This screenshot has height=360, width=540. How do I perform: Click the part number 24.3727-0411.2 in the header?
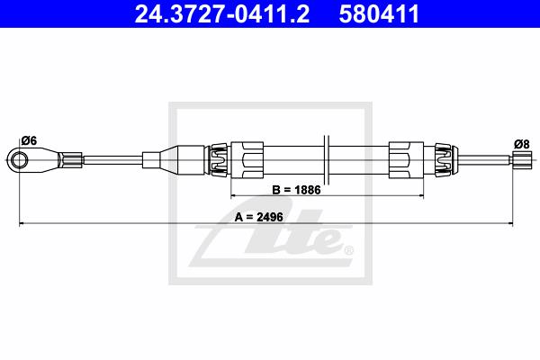221,13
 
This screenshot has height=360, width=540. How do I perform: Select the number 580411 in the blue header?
379,13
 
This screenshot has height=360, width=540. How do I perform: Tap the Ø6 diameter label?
29,140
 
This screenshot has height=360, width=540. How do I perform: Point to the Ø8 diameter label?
522,144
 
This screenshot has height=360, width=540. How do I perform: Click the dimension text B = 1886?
296,190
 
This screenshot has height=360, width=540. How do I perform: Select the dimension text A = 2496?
259,217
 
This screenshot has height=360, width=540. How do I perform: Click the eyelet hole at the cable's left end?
19,160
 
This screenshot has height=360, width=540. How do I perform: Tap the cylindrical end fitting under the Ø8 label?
522,160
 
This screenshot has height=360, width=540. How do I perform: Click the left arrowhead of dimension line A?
22,223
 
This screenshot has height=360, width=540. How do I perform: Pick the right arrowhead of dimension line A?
510,223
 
